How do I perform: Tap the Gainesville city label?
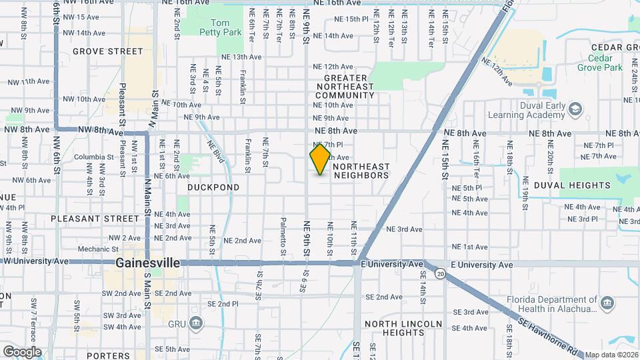click(x=147, y=263)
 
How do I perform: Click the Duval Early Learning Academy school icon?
click(x=576, y=107)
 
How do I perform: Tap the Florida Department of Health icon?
click(x=607, y=304)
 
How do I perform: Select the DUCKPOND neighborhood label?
click(x=213, y=187)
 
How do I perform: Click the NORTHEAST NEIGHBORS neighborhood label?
click(x=360, y=171)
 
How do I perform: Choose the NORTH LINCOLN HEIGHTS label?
click(x=403, y=328)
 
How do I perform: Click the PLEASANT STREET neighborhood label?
click(x=94, y=218)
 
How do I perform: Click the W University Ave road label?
click(x=36, y=261)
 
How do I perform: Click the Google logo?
click(x=22, y=352)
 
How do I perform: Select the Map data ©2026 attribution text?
click(x=611, y=355)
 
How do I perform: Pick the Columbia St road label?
click(x=90, y=157)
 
